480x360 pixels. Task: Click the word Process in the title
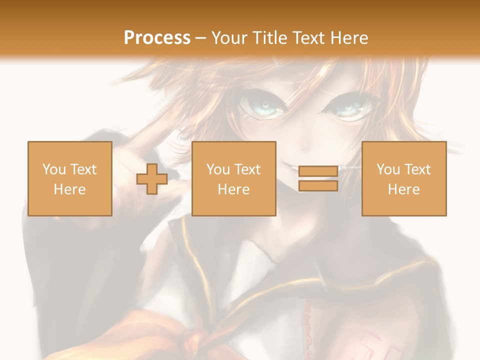point(157,38)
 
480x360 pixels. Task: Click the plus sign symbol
point(152,179)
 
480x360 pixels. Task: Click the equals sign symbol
point(318,178)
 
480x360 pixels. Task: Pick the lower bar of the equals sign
point(318,186)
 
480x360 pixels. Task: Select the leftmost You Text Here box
point(70,178)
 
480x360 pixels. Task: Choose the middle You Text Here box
point(234,178)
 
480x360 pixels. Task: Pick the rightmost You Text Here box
point(404,178)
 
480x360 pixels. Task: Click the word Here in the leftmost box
point(70,189)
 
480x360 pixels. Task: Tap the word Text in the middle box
point(246,169)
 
